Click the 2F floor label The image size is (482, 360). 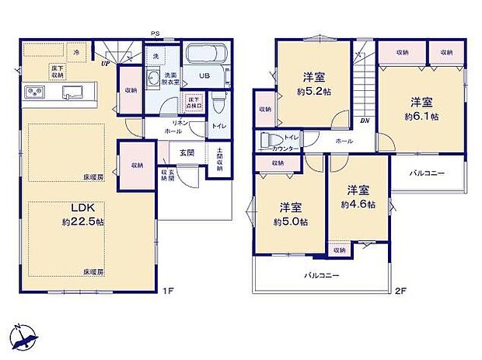coord(400,291)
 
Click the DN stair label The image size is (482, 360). coord(364,121)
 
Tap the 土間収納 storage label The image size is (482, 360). coord(219,159)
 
